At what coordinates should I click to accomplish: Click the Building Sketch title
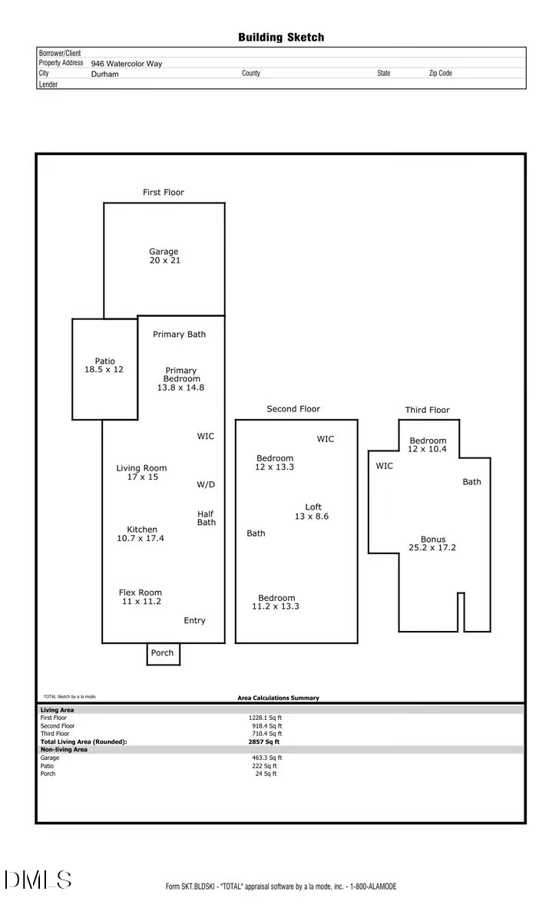[281, 37]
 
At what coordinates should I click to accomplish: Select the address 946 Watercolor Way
[127, 64]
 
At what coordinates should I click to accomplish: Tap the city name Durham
[104, 74]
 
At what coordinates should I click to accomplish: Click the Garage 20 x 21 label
[164, 256]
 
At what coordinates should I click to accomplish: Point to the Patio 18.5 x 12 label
[104, 365]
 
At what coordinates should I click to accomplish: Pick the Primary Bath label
[179, 335]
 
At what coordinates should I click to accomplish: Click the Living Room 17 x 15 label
[142, 473]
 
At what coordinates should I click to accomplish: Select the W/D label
[206, 485]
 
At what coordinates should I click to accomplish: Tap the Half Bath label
[207, 518]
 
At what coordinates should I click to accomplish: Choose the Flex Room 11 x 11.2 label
[141, 597]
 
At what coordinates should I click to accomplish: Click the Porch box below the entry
[163, 653]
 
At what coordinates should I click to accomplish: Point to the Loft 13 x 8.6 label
[313, 512]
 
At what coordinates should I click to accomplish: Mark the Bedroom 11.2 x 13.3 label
[276, 602]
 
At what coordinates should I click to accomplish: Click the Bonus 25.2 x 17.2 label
[433, 544]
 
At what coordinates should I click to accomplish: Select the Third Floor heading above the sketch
[428, 411]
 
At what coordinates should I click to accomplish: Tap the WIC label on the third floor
[385, 466]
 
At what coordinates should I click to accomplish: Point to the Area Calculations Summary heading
[278, 698]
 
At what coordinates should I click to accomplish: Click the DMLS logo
[38, 880]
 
